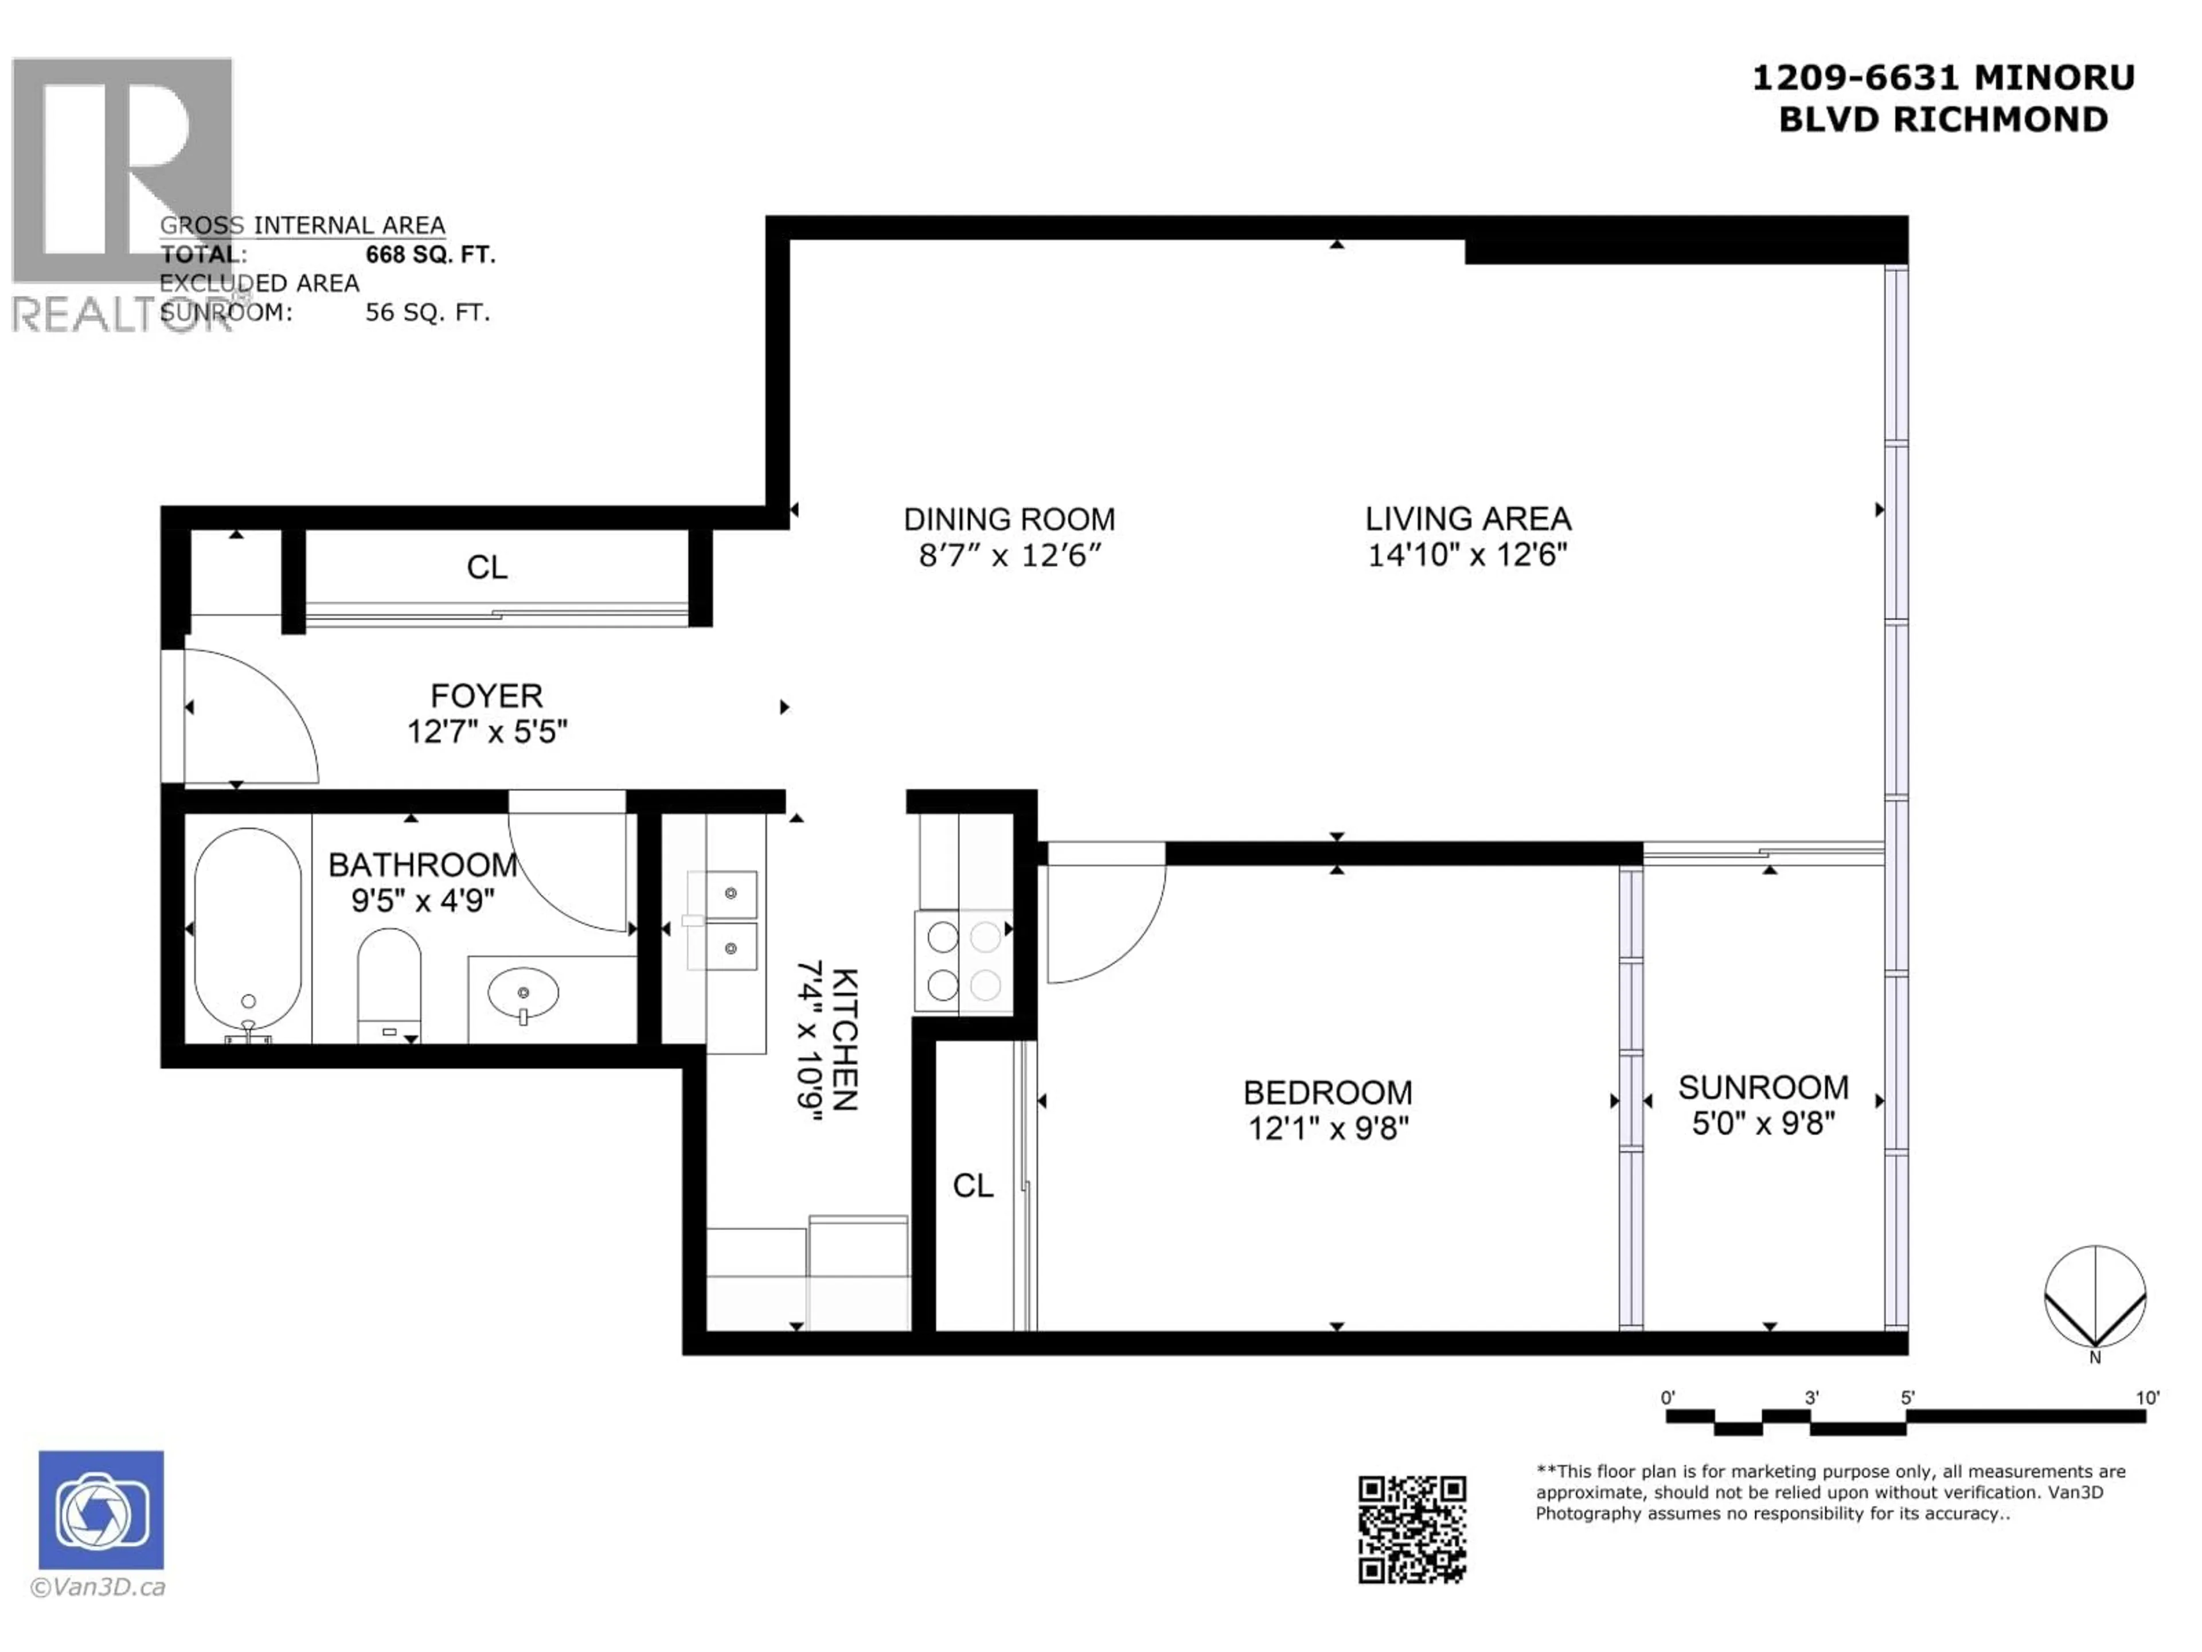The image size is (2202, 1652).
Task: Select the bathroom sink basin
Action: (x=522, y=994)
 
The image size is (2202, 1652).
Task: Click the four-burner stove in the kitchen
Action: (x=963, y=961)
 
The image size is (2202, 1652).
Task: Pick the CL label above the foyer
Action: (x=487, y=568)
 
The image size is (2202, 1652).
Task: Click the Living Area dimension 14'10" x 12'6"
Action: (x=1467, y=555)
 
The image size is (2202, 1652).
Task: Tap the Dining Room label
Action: (x=1009, y=519)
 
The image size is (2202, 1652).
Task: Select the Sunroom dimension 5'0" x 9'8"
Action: (x=1763, y=1123)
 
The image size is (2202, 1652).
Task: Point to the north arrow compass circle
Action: (x=2095, y=1296)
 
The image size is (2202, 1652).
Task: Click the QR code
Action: (x=1412, y=1529)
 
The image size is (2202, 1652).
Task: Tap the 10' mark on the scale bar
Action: (x=2148, y=1398)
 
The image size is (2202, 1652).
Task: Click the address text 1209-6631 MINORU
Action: (x=1943, y=77)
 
